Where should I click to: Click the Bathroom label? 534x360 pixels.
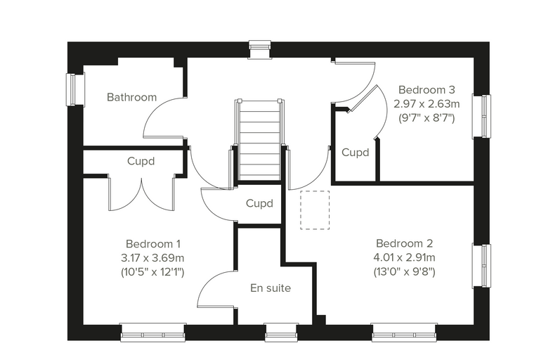point(132,97)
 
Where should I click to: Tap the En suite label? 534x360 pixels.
point(271,288)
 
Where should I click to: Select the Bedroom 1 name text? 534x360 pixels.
point(153,244)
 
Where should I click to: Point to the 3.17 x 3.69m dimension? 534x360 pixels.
point(152,258)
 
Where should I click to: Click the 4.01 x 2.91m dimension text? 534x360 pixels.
point(404,257)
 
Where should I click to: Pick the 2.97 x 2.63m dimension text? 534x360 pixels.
point(426,103)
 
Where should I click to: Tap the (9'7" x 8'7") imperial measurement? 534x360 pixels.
point(426,118)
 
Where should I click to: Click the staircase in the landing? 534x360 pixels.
point(259,140)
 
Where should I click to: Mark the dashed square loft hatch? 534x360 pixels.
point(315,210)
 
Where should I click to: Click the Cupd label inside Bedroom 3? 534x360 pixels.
point(356,152)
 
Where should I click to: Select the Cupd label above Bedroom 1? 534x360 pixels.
point(141,161)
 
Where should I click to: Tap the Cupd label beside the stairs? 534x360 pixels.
point(259,203)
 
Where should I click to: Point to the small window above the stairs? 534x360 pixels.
point(259,50)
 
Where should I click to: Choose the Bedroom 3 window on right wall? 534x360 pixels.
point(481,116)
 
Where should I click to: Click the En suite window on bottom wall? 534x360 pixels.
point(281,333)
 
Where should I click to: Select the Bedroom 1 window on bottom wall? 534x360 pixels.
point(153,333)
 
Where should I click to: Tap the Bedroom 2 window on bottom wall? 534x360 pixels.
point(404,333)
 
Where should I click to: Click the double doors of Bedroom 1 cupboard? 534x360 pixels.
point(141,193)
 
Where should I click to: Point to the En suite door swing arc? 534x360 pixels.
point(207,281)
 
